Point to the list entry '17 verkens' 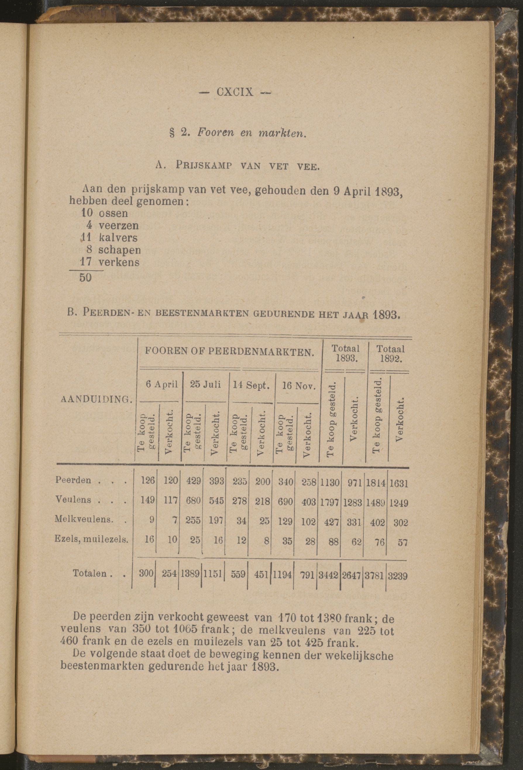tap(110, 262)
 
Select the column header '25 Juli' tap(205, 385)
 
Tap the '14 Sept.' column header tap(251, 385)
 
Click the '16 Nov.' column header tap(297, 386)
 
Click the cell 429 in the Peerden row tap(193, 481)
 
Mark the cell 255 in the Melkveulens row tap(193, 520)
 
